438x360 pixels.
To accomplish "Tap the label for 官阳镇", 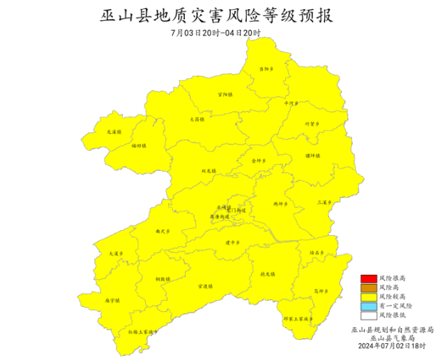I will (x=225, y=94).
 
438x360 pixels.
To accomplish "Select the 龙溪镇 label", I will (x=114, y=131).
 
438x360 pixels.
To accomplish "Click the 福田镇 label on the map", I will (x=139, y=146).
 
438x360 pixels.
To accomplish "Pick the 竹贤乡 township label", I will (x=312, y=123).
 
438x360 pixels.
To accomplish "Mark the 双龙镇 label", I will (x=209, y=170).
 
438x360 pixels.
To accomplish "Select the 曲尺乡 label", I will (x=163, y=231).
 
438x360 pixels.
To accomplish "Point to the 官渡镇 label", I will (x=204, y=285).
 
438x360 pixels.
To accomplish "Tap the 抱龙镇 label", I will (x=265, y=274).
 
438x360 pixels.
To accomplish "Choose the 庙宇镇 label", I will (x=112, y=301).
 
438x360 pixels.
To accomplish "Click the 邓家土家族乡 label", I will (x=298, y=319).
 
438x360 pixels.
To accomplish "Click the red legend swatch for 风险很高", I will (x=368, y=278).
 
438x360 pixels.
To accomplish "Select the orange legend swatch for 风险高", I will (x=368, y=287).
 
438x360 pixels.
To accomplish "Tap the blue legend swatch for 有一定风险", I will (x=368, y=306).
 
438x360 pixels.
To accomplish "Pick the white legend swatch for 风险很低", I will (x=368, y=315).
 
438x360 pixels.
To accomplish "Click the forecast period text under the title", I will (x=216, y=33).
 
